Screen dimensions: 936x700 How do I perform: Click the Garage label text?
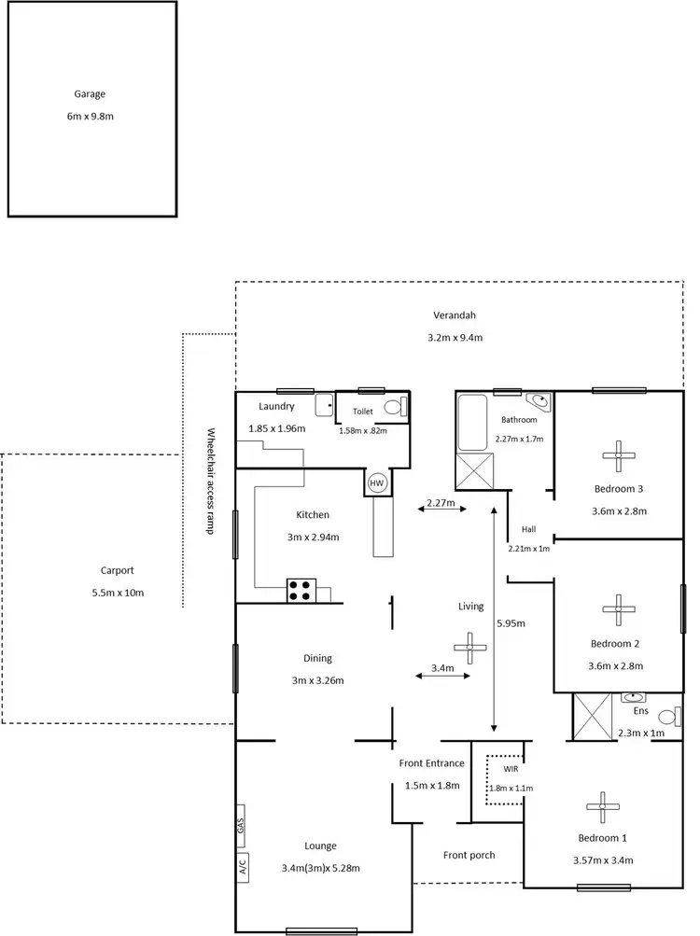[91, 93]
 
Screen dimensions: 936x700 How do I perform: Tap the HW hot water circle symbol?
[377, 482]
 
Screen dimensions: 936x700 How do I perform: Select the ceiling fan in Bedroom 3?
[618, 454]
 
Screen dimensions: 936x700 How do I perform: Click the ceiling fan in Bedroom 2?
[618, 609]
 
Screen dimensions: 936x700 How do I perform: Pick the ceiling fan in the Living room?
[469, 646]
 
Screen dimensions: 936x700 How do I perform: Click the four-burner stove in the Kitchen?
[301, 590]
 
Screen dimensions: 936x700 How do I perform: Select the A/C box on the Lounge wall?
[240, 867]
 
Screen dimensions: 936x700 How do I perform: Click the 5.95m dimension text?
[511, 622]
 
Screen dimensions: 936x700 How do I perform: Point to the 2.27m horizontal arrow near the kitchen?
[440, 509]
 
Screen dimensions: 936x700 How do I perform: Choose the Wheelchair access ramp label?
[211, 480]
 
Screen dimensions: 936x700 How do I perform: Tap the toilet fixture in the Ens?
[668, 717]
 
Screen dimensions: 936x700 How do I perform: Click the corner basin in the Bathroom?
[540, 400]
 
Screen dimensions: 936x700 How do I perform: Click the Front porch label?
[469, 854]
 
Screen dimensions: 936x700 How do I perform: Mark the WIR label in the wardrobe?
[510, 770]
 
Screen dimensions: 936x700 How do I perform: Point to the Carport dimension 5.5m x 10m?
[118, 594]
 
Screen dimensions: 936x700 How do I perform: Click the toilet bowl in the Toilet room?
[400, 407]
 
